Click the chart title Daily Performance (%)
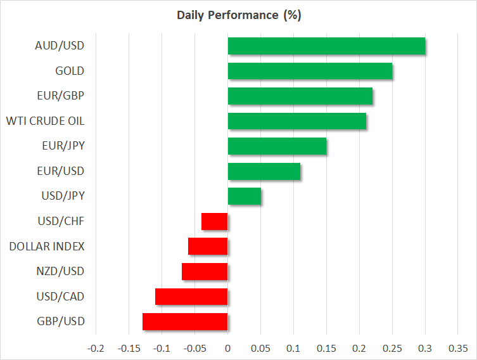(x=239, y=15)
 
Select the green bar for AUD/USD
(x=326, y=46)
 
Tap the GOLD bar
(x=310, y=71)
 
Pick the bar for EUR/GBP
(x=300, y=96)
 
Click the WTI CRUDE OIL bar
(x=297, y=121)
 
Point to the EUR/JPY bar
(x=277, y=146)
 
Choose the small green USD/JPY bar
(x=245, y=196)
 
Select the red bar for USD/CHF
(x=215, y=222)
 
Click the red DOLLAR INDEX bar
(x=208, y=247)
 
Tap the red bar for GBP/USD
(x=185, y=322)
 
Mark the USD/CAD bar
(x=191, y=297)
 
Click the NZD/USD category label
(x=60, y=271)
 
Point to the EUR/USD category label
(x=61, y=171)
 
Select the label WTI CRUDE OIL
(x=46, y=121)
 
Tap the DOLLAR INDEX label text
(x=47, y=247)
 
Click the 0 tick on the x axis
(x=227, y=348)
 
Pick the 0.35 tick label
(x=458, y=348)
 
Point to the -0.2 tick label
(x=96, y=348)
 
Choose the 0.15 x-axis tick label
(x=326, y=348)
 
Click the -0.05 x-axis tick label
(x=194, y=348)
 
